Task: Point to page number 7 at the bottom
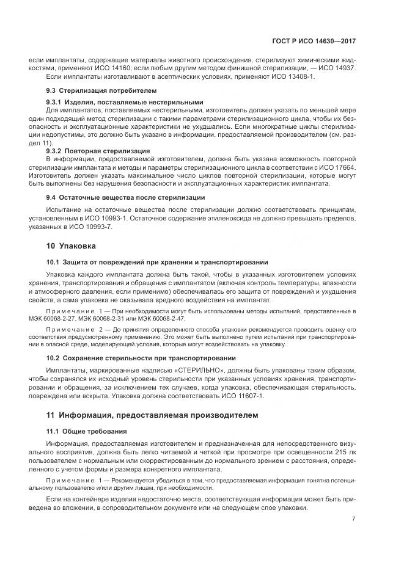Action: click(354, 519)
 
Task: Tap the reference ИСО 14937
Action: click(335, 68)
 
